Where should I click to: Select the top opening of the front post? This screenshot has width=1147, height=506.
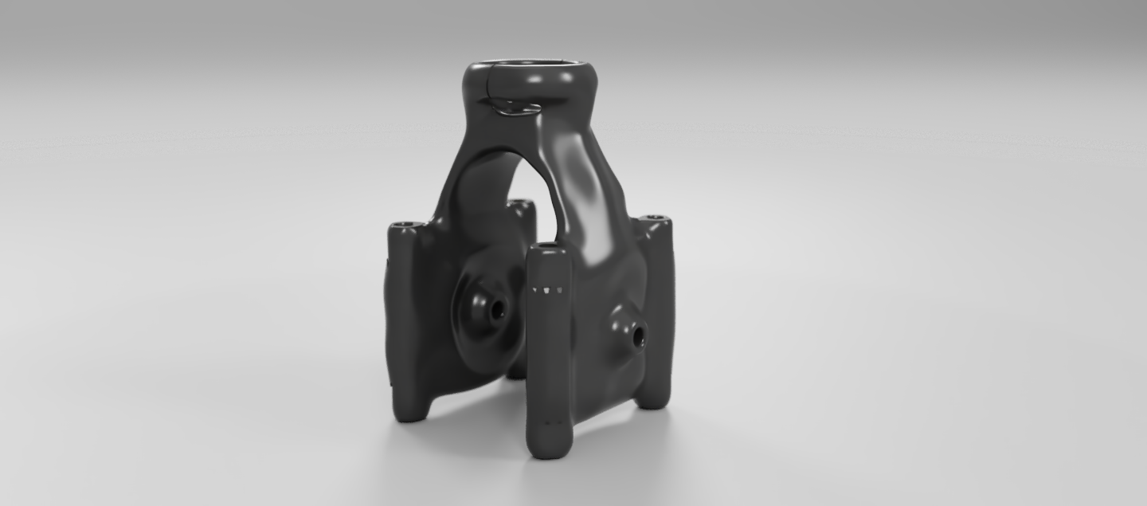548,249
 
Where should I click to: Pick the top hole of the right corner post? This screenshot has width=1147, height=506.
654,218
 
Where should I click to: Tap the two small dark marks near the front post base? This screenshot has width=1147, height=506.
551,422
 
